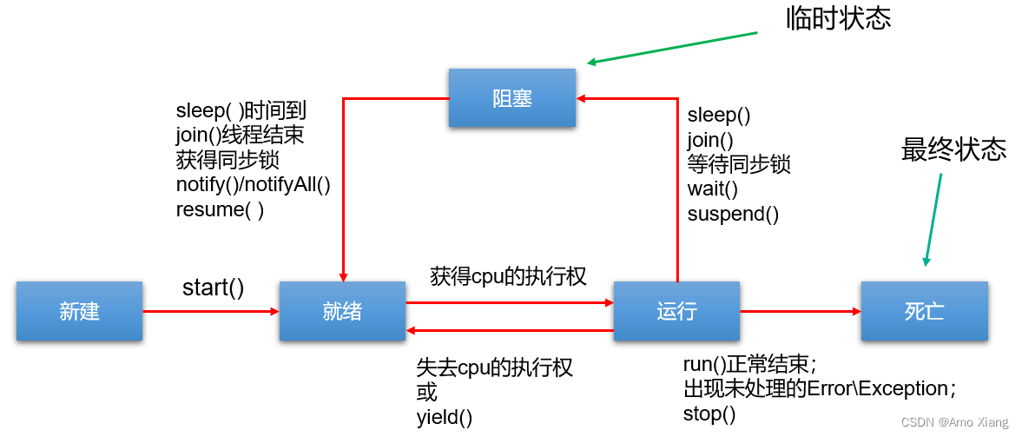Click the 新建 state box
point(79,311)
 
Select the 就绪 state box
point(342,311)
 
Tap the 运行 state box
point(676,311)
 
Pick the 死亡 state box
point(924,311)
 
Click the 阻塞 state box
point(512,98)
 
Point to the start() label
point(213,287)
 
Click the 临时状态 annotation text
point(838,19)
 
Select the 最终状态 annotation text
point(953,149)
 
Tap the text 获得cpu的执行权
point(508,276)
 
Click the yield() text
point(445,417)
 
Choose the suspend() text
point(733,214)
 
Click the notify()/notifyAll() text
point(254,184)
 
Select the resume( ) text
point(220,209)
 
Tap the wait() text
point(712,189)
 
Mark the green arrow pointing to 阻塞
point(673,48)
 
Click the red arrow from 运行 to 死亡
point(799,311)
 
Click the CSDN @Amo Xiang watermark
point(954,422)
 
